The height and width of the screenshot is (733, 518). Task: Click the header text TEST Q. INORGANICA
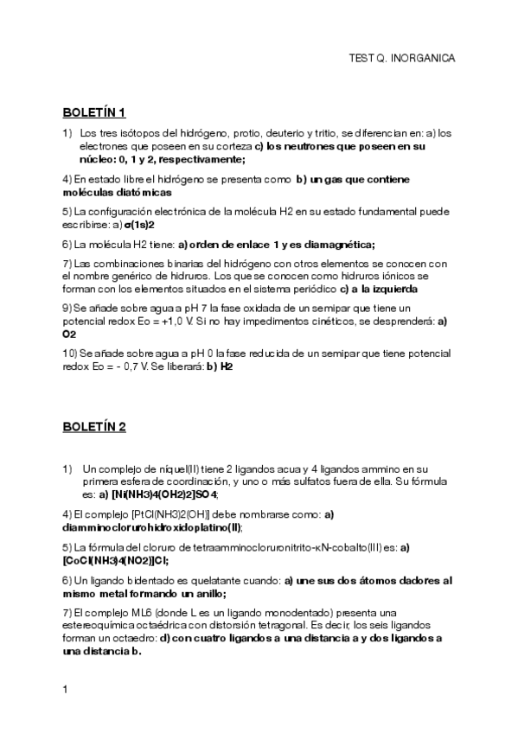coord(400,58)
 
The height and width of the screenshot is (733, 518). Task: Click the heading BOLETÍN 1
coord(94,112)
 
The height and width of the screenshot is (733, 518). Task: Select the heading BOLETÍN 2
coord(94,426)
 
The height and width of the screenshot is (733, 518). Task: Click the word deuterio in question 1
coord(284,134)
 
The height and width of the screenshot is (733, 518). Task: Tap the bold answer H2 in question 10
coord(227,366)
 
